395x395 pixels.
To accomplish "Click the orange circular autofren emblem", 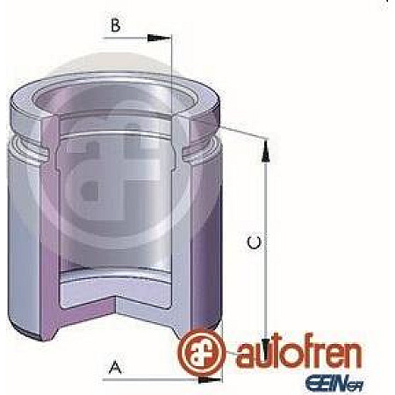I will click(x=199, y=348).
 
